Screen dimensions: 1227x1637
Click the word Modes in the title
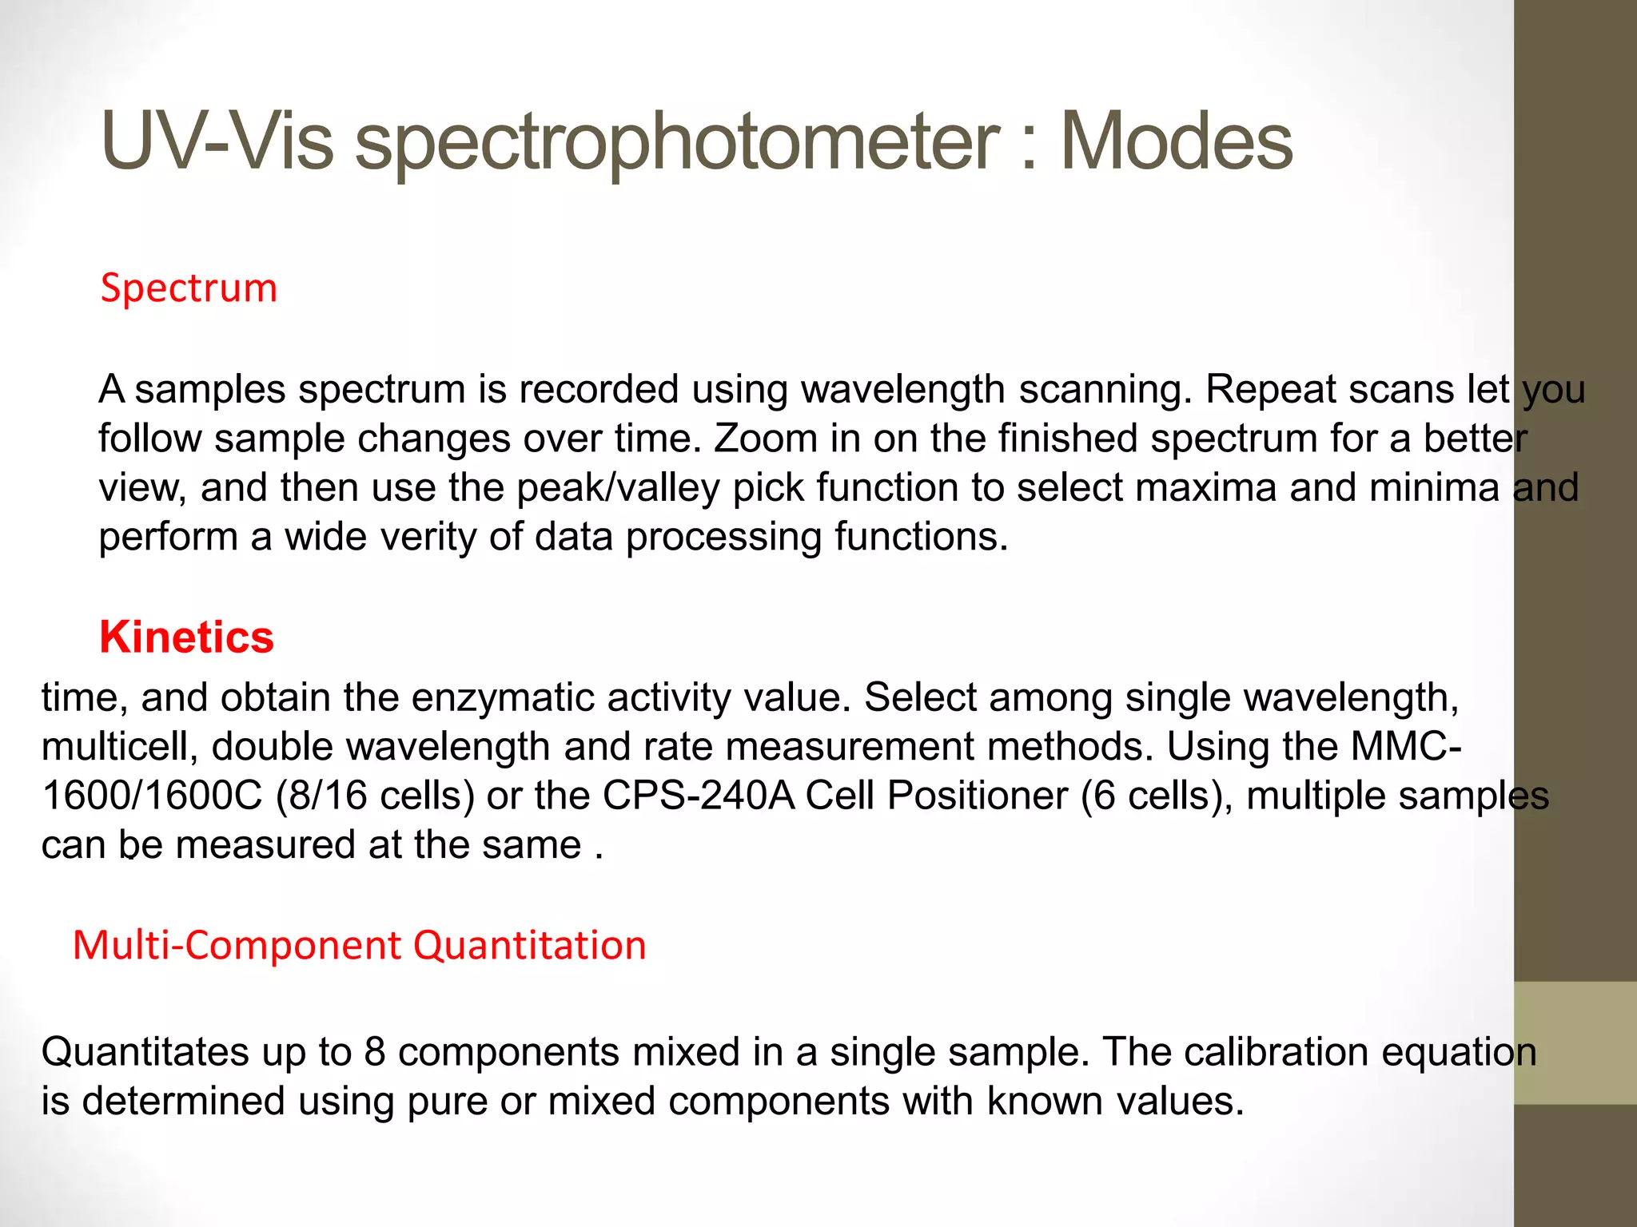[x=1176, y=141]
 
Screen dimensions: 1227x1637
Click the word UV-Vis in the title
[x=217, y=141]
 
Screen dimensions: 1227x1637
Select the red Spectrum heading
[x=189, y=288]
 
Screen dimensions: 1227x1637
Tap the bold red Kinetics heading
[x=186, y=637]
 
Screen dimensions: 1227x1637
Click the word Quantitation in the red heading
[x=529, y=945]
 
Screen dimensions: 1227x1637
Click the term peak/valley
[x=618, y=488]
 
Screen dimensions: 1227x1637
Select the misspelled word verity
[x=428, y=537]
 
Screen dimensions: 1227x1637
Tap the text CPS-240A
[x=699, y=796]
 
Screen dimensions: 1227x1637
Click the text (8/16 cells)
[x=375, y=796]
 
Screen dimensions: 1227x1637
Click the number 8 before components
[x=375, y=1052]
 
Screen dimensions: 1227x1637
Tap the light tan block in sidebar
[x=1575, y=1042]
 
